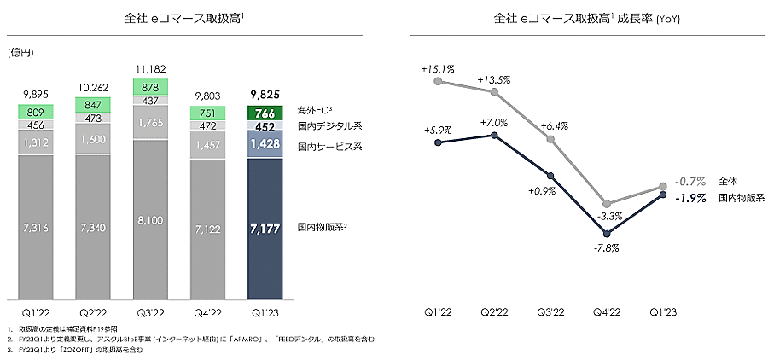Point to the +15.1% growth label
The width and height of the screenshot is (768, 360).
pos(437,68)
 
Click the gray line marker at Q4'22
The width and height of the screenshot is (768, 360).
pos(607,204)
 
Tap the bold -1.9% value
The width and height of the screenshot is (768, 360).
pos(690,198)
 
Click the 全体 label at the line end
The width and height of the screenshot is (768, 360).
pos(728,182)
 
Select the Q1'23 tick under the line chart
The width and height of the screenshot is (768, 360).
pos(664,313)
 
